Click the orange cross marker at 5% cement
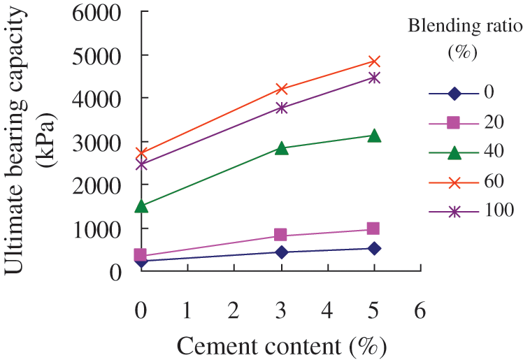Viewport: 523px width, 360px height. pos(374,62)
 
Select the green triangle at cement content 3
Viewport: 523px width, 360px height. pos(281,148)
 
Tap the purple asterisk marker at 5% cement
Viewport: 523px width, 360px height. pos(374,78)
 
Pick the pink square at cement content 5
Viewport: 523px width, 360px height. pos(374,229)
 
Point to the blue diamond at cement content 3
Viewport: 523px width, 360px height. pos(281,252)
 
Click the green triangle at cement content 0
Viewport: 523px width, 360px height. pos(142,206)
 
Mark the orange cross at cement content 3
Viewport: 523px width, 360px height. pos(281,89)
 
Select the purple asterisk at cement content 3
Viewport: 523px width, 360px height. pos(281,108)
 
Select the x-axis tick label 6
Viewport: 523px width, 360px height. pos(420,310)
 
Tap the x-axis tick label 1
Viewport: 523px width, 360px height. pos(188,310)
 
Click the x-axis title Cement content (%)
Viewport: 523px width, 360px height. pos(281,345)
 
